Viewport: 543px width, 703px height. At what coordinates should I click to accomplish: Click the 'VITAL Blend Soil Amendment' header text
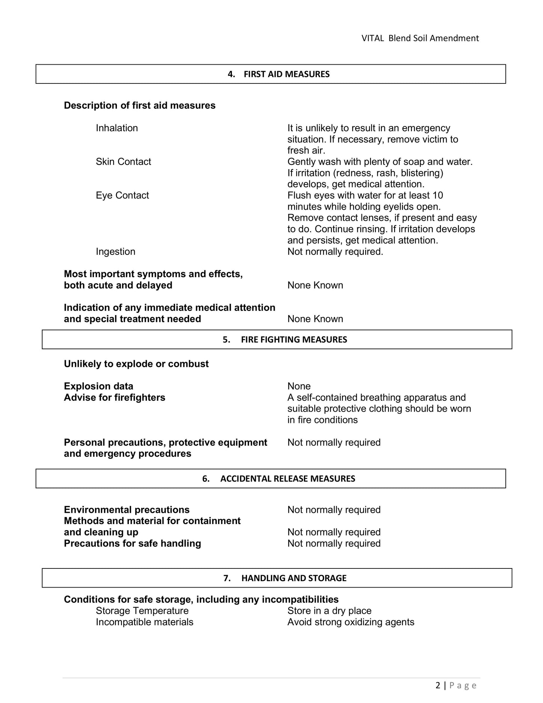(420, 38)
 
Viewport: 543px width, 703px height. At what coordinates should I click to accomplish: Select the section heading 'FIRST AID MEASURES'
(286, 74)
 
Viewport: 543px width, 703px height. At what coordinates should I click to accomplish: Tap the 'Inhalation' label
(117, 128)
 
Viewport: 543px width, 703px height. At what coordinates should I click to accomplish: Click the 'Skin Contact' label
(123, 162)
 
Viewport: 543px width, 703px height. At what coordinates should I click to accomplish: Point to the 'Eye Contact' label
(122, 195)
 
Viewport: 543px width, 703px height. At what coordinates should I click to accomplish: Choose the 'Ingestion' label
(115, 252)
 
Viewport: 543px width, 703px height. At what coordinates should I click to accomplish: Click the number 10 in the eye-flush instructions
(438, 195)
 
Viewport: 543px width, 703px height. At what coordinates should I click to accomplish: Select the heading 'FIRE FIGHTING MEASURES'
(294, 339)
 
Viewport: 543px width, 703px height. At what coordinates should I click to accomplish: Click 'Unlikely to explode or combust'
(136, 364)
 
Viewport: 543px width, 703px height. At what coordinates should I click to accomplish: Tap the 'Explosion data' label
(98, 386)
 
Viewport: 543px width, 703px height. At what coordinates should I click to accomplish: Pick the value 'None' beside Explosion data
(299, 386)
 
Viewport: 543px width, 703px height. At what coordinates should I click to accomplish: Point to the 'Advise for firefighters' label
(114, 398)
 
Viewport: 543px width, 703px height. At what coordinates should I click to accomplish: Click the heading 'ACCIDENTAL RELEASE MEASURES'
(287, 479)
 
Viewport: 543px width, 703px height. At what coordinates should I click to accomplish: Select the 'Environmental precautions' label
(127, 510)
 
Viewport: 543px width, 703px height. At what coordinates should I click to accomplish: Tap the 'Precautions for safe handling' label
(132, 544)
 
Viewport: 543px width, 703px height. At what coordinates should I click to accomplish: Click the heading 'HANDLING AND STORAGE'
(294, 578)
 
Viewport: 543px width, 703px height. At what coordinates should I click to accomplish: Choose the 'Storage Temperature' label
(142, 611)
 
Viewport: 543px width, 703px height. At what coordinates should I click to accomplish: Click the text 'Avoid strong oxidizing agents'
(351, 622)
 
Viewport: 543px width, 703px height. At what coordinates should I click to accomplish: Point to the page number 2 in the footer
(438, 685)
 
